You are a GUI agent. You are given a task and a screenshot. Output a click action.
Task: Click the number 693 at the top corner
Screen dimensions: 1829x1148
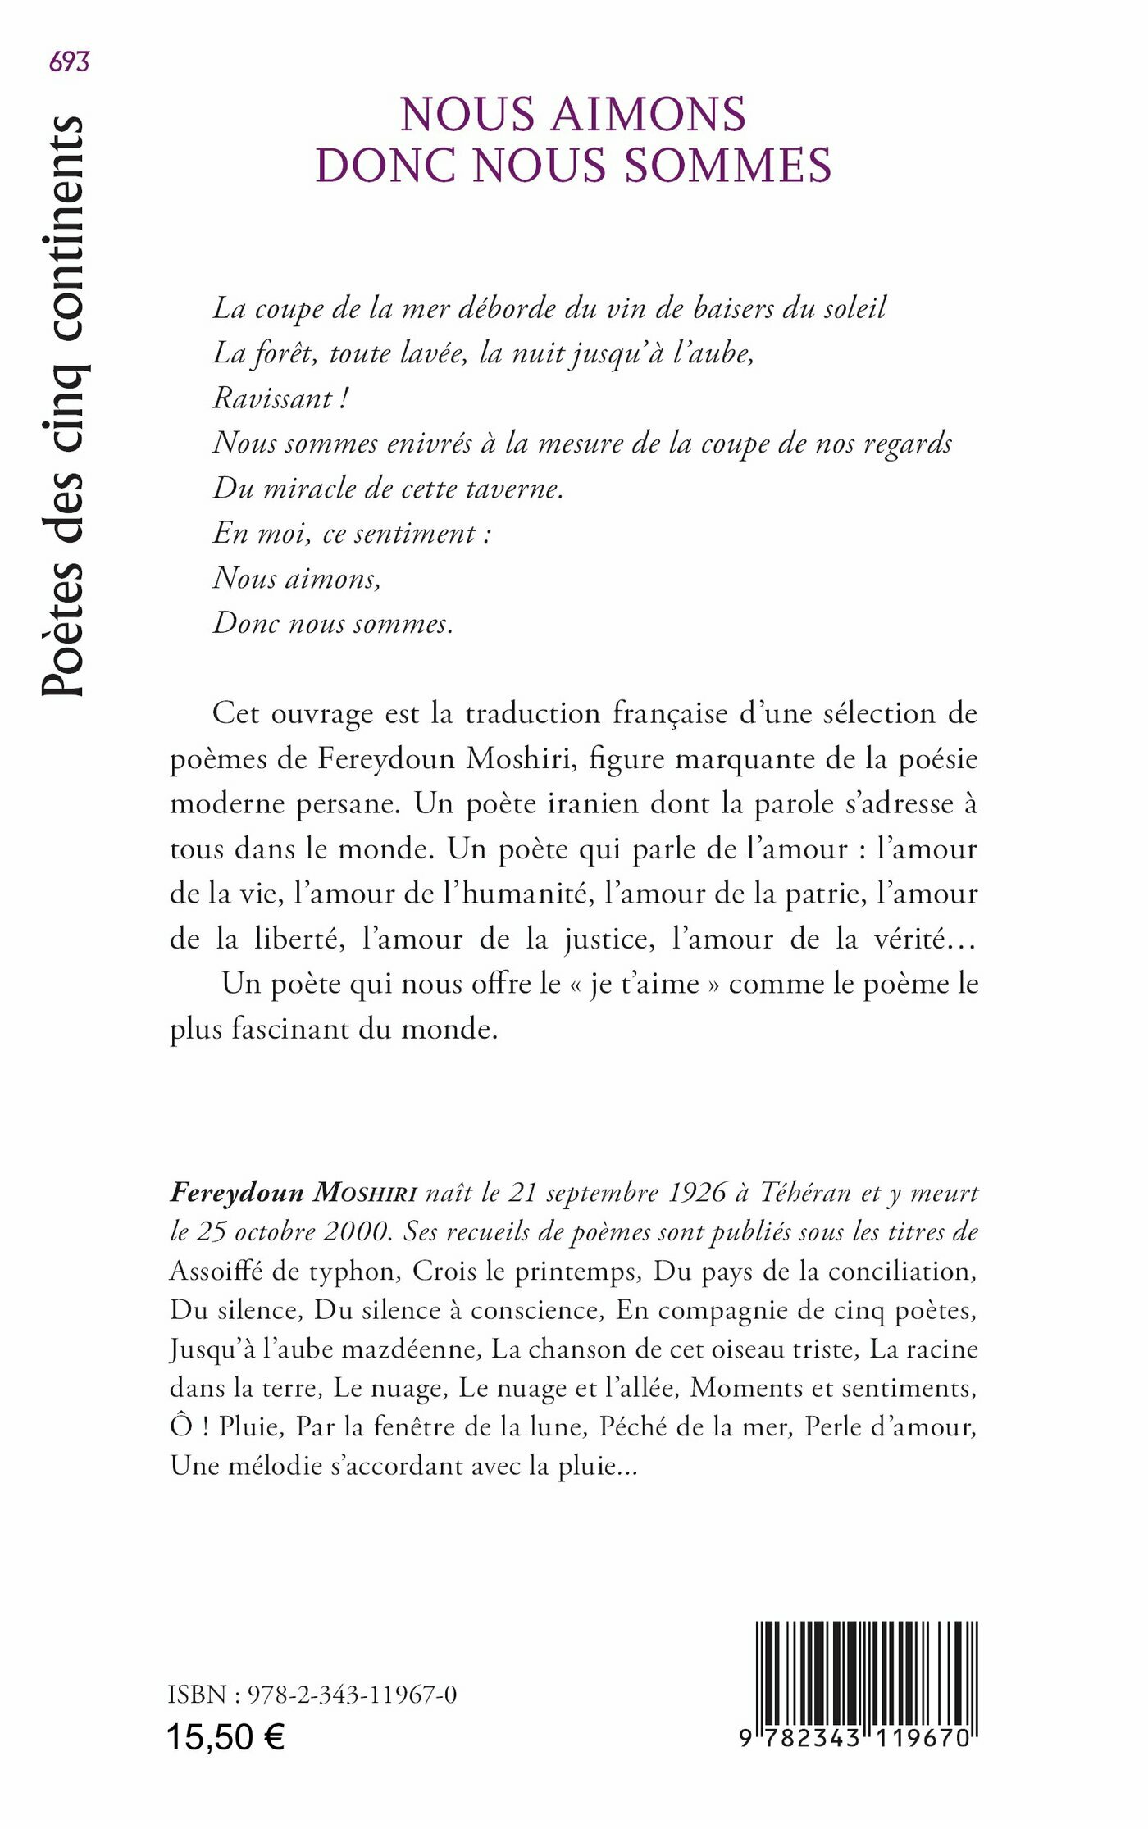(69, 61)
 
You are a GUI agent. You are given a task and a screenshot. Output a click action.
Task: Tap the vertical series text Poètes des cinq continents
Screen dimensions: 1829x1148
(63, 406)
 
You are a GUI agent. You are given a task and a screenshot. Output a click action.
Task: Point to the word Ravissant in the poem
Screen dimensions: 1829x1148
(272, 398)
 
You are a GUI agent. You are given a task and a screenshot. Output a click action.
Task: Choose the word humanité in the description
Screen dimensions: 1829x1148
(527, 894)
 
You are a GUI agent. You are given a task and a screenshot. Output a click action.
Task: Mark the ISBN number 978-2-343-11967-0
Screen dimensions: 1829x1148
(352, 1695)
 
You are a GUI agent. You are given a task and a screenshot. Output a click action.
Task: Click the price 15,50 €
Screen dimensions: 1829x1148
(225, 1737)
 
